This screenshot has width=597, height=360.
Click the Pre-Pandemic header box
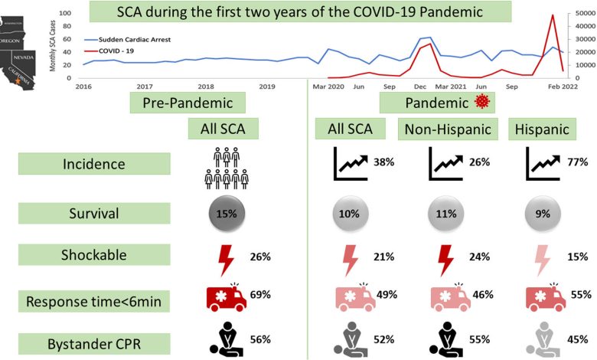188,103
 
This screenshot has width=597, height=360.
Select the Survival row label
91,212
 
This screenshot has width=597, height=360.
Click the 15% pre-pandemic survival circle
225,214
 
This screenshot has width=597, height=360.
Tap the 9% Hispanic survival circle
543,214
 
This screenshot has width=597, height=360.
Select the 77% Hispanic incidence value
578,162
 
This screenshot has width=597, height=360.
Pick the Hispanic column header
543,129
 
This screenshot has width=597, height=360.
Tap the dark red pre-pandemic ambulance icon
225,297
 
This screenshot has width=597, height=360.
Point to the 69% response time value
260,294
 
